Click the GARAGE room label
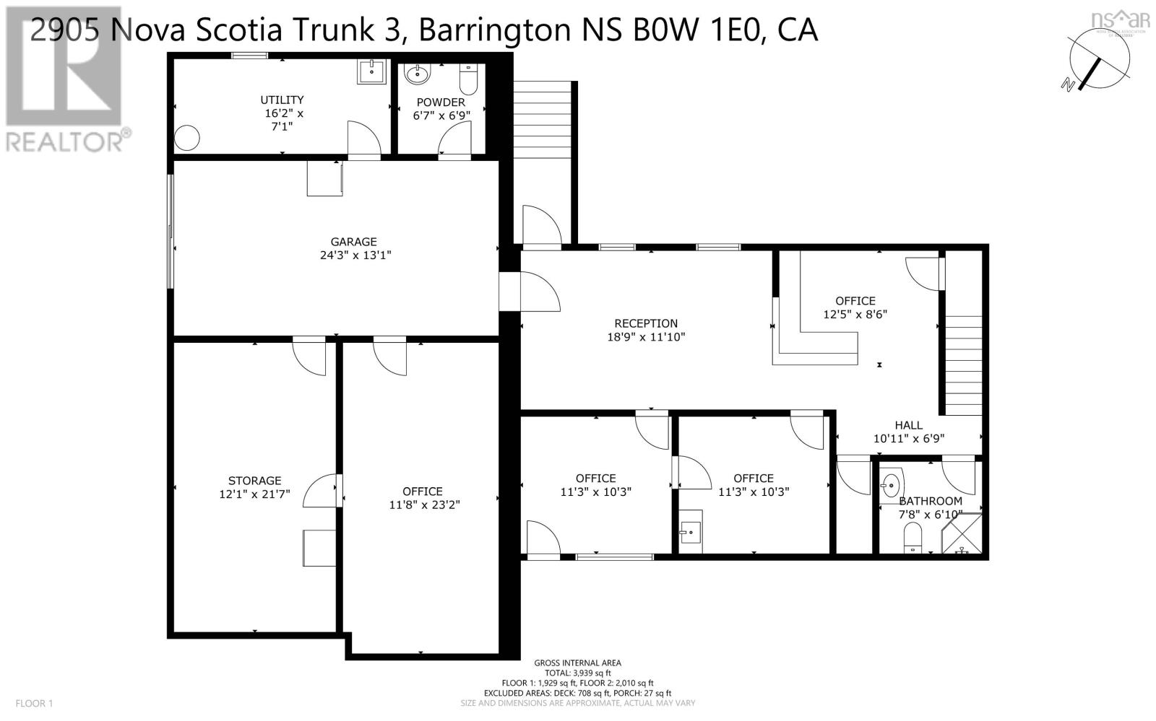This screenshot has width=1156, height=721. pyautogui.click(x=353, y=241)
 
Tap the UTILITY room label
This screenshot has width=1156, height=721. pyautogui.click(x=282, y=100)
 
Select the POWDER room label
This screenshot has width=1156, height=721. pyautogui.click(x=441, y=102)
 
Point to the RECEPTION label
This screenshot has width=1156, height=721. pyautogui.click(x=646, y=323)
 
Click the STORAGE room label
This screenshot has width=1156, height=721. pyautogui.click(x=254, y=481)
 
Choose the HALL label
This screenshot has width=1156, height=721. pyautogui.click(x=908, y=425)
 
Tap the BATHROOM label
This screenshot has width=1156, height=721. pyautogui.click(x=931, y=501)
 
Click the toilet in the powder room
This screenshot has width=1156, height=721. pyautogui.click(x=468, y=79)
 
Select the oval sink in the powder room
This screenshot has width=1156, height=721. pyautogui.click(x=416, y=75)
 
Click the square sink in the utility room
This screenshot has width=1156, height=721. pyautogui.click(x=371, y=71)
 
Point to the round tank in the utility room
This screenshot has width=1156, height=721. pyautogui.click(x=186, y=138)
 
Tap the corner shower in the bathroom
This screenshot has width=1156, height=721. pyautogui.click(x=962, y=533)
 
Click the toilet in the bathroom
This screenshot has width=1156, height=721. pyautogui.click(x=913, y=538)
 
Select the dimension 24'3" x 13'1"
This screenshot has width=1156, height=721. pyautogui.click(x=355, y=255)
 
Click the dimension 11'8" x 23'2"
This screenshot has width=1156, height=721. pyautogui.click(x=424, y=504)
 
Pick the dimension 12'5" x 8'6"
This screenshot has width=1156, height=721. pyautogui.click(x=855, y=314)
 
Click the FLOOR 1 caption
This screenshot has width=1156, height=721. pyautogui.click(x=34, y=703)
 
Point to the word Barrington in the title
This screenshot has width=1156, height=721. pyautogui.click(x=495, y=30)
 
